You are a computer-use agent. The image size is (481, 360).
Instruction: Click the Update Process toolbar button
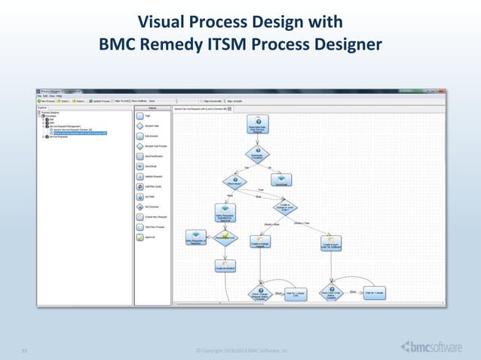[x=103, y=100]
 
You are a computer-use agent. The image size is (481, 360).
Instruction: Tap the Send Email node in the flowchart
[x=281, y=179]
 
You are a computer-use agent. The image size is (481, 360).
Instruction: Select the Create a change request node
[x=259, y=243]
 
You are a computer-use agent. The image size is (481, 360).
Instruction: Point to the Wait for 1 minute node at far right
[x=375, y=292]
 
